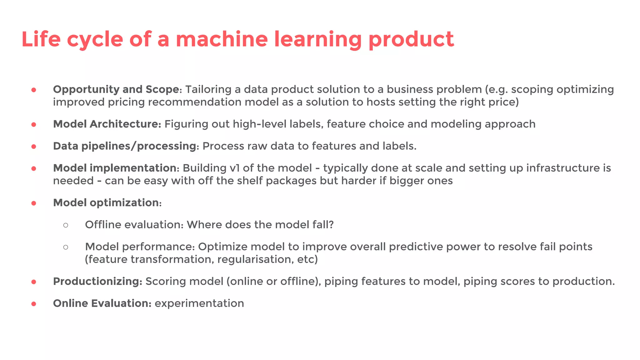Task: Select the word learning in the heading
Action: coord(318,40)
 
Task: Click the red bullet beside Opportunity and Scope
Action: coord(34,90)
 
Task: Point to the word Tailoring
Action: coord(208,90)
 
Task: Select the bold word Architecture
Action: coord(125,124)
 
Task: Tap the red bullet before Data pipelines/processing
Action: coord(34,147)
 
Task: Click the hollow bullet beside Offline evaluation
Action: coord(66,225)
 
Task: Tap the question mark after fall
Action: coord(331,225)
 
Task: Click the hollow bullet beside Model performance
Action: coord(66,247)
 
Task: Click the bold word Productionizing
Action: coord(98,281)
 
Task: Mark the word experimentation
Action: coord(199,303)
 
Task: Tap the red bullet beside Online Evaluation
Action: coord(34,304)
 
